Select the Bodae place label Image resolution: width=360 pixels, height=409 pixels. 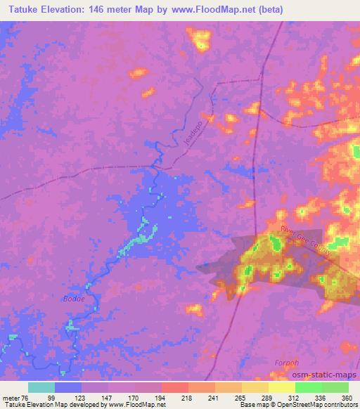click(x=73, y=298)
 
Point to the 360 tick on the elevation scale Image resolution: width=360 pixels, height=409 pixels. click(x=346, y=397)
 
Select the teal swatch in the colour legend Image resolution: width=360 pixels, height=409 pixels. click(x=41, y=387)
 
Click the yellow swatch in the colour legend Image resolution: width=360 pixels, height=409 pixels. click(x=281, y=387)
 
